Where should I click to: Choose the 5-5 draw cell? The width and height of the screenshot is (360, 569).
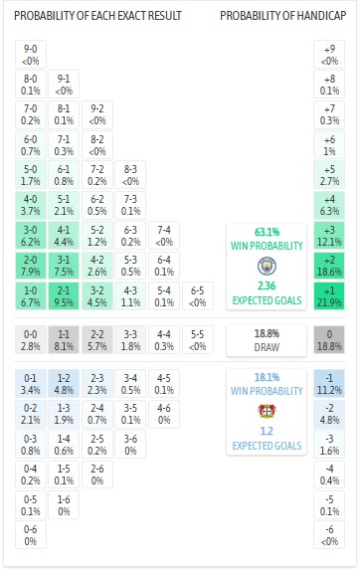pos(198,339)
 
